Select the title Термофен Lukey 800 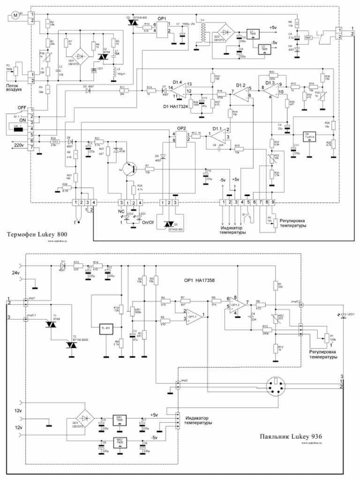point(37,234)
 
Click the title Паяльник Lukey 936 point(291,436)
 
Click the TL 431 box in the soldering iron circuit point(106,328)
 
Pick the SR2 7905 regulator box point(120,443)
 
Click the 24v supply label point(15,272)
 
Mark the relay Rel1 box point(309,38)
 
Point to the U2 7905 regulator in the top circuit point(264,48)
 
